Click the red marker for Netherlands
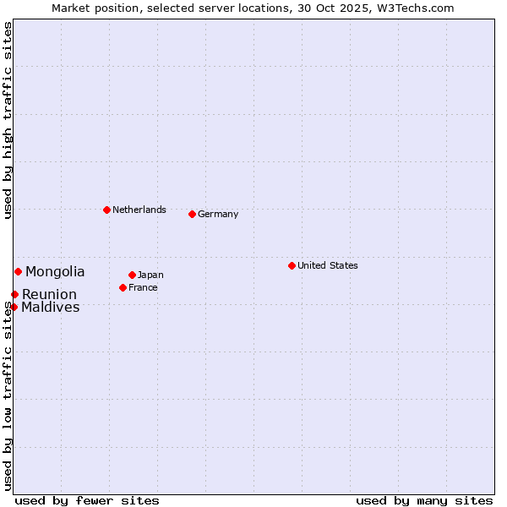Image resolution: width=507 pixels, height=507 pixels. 106,210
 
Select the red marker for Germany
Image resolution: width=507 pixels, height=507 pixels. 192,214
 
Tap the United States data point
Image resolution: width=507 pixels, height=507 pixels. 292,265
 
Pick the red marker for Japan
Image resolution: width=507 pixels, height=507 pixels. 132,275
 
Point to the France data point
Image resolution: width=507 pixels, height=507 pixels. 123,287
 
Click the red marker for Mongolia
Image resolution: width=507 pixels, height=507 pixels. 18,271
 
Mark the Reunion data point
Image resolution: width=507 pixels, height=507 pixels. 14,294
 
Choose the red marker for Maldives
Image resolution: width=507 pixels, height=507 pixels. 14,307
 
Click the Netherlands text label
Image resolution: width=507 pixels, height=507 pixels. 139,210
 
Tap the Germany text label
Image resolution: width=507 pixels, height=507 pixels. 218,214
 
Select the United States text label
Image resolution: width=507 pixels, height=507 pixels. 328,265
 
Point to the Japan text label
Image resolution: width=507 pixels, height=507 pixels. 150,275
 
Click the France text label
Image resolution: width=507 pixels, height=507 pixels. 143,287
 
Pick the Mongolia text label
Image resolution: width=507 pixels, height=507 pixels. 55,271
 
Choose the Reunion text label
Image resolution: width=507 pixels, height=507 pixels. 49,294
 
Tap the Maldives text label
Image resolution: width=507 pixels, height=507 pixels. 51,307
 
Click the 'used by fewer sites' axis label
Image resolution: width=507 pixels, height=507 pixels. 87,500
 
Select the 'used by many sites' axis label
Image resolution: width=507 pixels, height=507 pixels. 424,500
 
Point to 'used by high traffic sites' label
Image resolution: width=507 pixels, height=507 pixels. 8,120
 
